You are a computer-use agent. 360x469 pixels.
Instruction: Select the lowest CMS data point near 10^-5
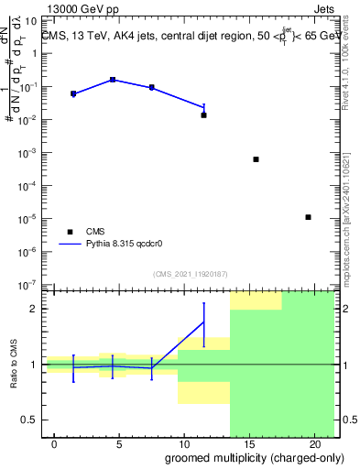click(x=308, y=217)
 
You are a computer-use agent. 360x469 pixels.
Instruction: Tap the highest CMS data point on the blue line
click(x=113, y=80)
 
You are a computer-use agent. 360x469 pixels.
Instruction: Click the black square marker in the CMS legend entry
click(x=70, y=232)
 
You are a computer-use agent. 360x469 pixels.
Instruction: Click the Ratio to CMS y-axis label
click(x=15, y=365)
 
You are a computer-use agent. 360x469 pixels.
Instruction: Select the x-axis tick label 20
click(x=313, y=443)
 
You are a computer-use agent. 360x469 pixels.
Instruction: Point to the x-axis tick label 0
click(x=55, y=443)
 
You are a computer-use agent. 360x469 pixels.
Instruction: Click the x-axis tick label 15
click(x=249, y=443)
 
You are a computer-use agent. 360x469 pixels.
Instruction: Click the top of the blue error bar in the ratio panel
click(x=203, y=302)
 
